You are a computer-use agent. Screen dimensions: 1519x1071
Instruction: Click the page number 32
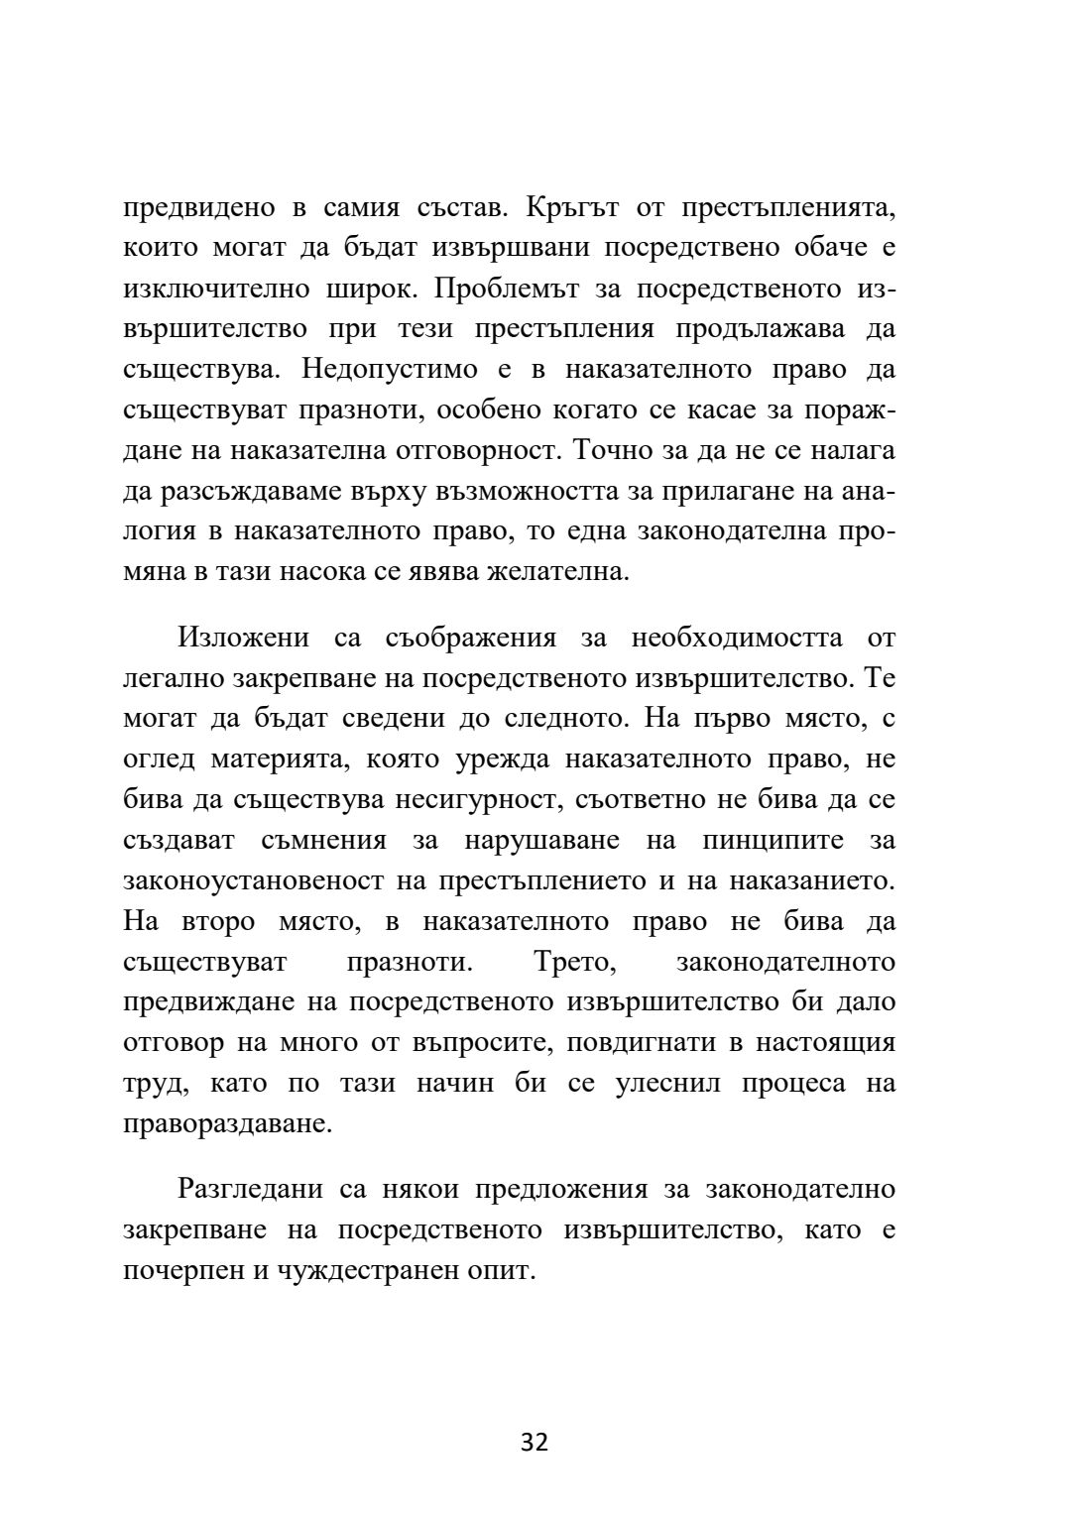(535, 1442)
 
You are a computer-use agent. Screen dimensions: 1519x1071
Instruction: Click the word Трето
(577, 962)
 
